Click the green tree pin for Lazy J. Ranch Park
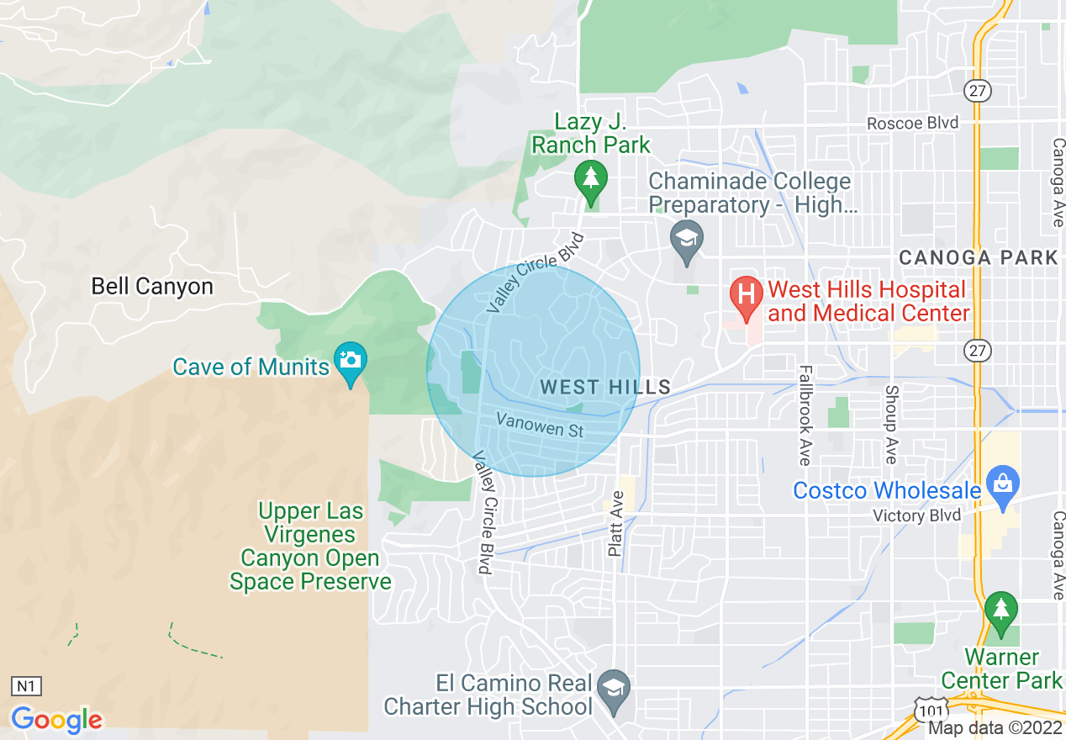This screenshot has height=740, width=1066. point(592,179)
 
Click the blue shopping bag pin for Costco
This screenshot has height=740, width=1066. point(1002,485)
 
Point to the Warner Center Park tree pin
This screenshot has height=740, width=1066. point(1000,610)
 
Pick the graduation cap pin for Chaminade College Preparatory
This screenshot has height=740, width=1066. point(687,238)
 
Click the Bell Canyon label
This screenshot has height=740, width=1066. point(152,287)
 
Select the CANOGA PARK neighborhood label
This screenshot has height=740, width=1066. point(978,258)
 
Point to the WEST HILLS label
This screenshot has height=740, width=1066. point(605,388)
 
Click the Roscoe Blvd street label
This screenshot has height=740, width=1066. point(913,124)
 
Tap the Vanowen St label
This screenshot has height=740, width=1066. point(539,425)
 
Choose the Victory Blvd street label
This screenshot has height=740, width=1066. point(916,515)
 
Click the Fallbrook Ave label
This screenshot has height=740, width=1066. point(805,415)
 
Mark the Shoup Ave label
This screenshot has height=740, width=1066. point(891,424)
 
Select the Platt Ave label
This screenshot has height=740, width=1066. point(617,522)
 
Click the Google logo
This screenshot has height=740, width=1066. point(56,720)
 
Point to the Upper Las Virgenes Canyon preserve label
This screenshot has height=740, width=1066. point(311,547)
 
